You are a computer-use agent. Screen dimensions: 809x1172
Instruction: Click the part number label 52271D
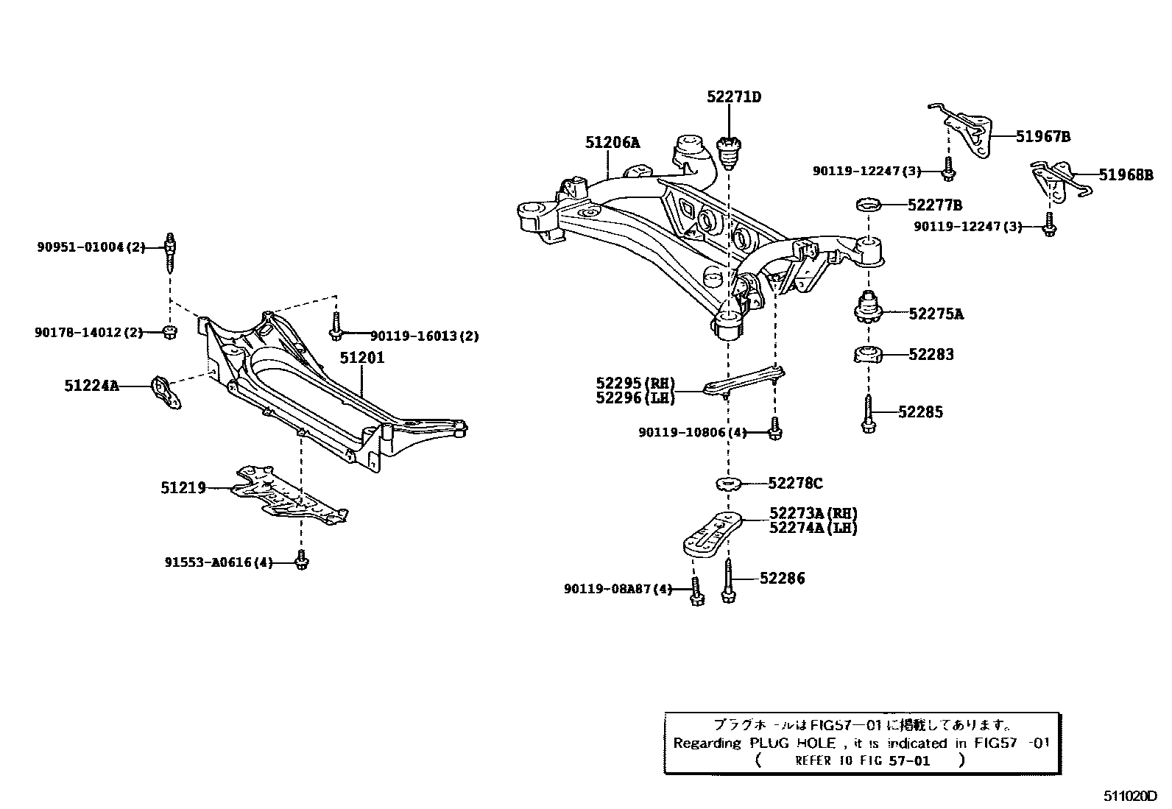[x=733, y=96]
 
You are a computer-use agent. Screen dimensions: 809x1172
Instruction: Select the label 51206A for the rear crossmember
[x=613, y=142]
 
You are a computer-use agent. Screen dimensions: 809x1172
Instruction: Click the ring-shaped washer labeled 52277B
[x=869, y=203]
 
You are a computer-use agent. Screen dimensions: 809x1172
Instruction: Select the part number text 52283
[x=931, y=354]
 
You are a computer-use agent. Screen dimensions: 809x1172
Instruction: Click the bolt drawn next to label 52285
[x=868, y=414]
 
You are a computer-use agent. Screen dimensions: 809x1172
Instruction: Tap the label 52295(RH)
[x=635, y=383]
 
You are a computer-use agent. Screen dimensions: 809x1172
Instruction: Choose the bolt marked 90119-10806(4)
[x=774, y=429]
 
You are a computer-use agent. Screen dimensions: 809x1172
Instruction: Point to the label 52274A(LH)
[x=813, y=527]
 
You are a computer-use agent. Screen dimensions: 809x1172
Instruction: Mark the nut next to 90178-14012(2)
[x=169, y=332]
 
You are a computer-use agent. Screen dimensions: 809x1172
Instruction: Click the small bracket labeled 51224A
[x=166, y=391]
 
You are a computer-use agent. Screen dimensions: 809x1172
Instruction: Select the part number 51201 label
[x=362, y=358]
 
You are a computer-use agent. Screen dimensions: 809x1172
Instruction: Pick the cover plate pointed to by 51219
[x=287, y=495]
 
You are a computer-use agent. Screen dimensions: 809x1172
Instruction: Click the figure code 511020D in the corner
[x=1130, y=796]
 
